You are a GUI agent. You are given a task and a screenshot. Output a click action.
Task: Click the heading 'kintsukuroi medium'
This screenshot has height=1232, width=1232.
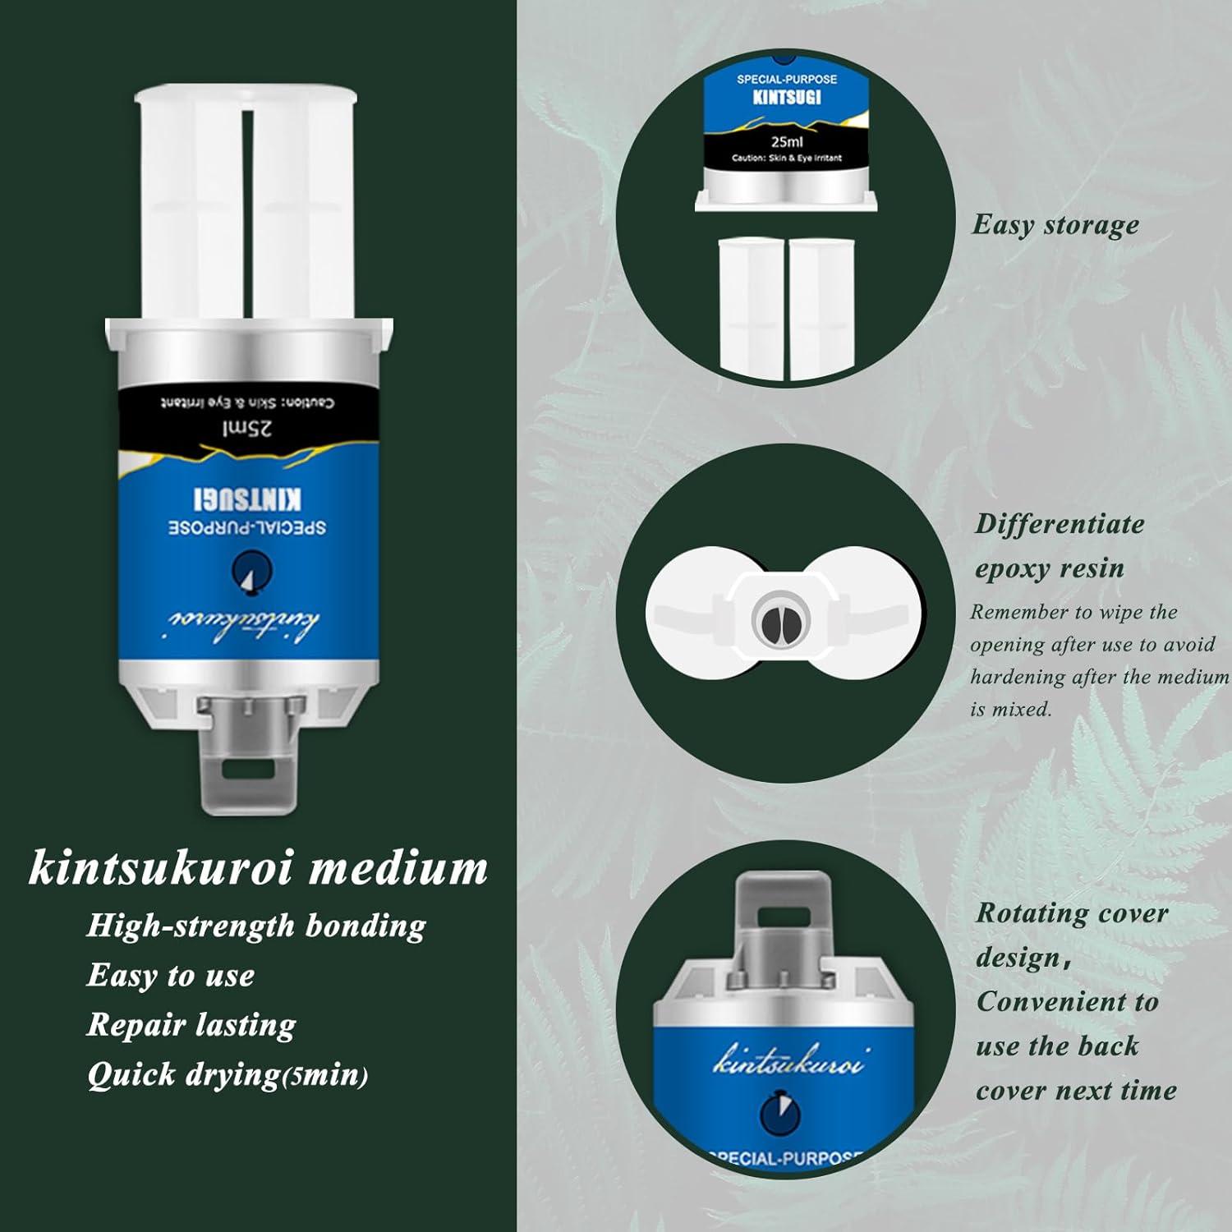[258, 869]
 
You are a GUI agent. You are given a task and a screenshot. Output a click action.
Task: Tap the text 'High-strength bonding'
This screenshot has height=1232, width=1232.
[255, 926]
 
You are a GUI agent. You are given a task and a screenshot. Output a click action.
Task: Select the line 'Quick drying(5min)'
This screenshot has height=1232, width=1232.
[228, 1074]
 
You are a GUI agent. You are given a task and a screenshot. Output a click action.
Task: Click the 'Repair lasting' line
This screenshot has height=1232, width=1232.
[191, 1025]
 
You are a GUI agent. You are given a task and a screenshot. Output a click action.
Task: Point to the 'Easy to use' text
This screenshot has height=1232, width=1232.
[170, 976]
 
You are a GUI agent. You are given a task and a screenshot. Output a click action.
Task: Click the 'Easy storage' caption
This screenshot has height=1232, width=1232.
[1055, 224]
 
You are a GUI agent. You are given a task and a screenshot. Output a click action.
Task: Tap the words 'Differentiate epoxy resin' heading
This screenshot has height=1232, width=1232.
[1058, 545]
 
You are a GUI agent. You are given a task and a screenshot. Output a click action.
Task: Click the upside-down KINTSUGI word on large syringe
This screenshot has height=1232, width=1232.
[248, 499]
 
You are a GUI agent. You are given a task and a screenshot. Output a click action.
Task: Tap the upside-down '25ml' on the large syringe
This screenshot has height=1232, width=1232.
[247, 429]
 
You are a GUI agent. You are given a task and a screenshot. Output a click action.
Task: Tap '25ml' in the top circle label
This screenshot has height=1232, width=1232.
[786, 141]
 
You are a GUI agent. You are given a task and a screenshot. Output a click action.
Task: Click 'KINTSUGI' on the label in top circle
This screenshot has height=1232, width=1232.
[787, 98]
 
